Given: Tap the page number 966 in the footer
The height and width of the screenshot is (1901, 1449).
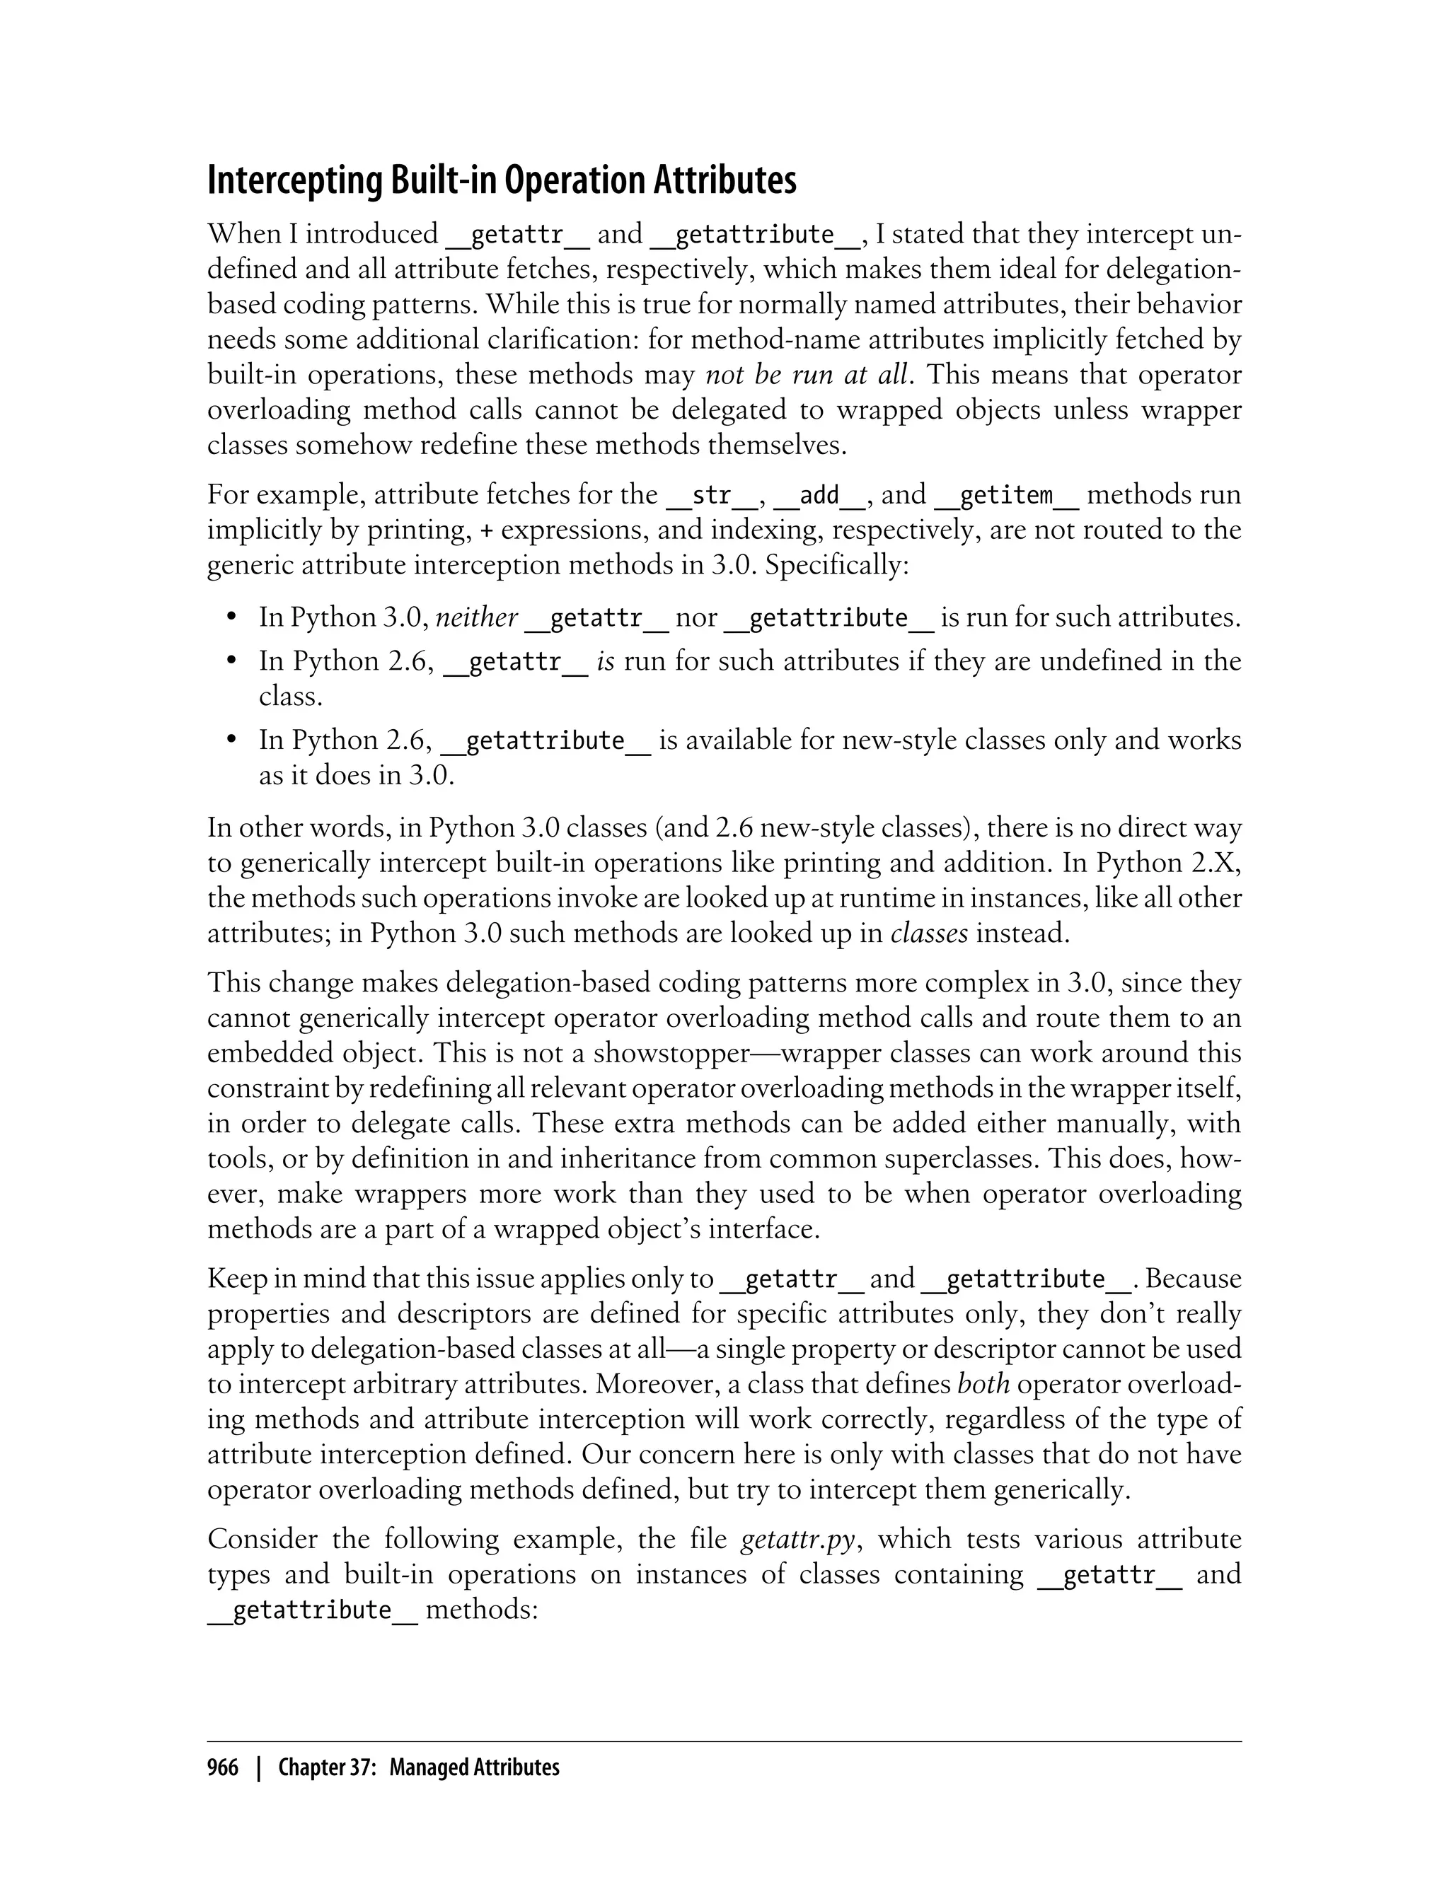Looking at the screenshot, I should pyautogui.click(x=223, y=1768).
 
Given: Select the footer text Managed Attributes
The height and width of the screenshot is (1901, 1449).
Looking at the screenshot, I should pyautogui.click(x=473, y=1768).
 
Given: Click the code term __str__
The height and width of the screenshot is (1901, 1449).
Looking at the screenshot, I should pyautogui.click(x=712, y=495).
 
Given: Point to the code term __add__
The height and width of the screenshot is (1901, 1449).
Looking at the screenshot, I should pyautogui.click(x=819, y=495).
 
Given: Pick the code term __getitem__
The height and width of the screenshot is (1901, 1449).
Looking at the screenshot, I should pyautogui.click(x=1007, y=495).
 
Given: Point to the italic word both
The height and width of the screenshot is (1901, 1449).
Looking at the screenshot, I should pyautogui.click(x=984, y=1384).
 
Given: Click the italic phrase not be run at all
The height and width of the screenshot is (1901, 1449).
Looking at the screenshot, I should pyautogui.click(x=807, y=375).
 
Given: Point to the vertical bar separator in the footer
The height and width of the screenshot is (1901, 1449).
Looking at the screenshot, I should pyautogui.click(x=258, y=1768).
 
